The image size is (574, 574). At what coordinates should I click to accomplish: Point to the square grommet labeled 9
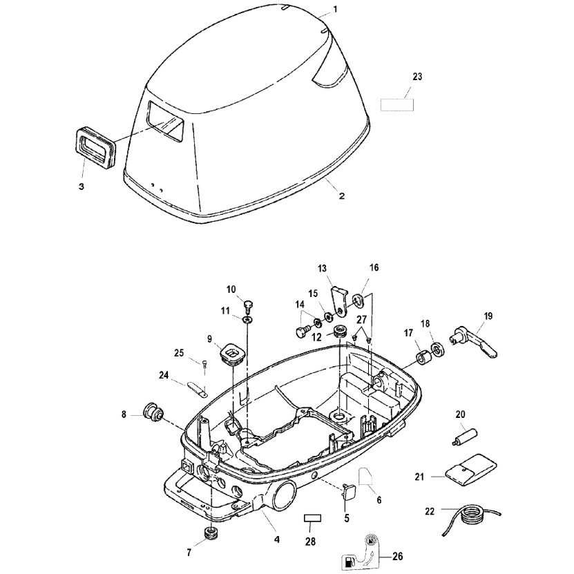(x=231, y=354)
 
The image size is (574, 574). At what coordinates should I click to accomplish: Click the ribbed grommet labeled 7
(x=210, y=533)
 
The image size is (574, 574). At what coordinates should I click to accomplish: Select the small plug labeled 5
(x=348, y=492)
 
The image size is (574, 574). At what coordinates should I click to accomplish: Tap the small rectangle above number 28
(x=314, y=518)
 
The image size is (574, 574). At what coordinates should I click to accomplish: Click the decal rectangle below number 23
(x=396, y=105)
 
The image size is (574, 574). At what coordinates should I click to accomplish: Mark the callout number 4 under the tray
(x=276, y=539)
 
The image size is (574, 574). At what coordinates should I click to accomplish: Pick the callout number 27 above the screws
(x=362, y=320)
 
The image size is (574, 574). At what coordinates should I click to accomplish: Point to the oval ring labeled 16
(x=357, y=300)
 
